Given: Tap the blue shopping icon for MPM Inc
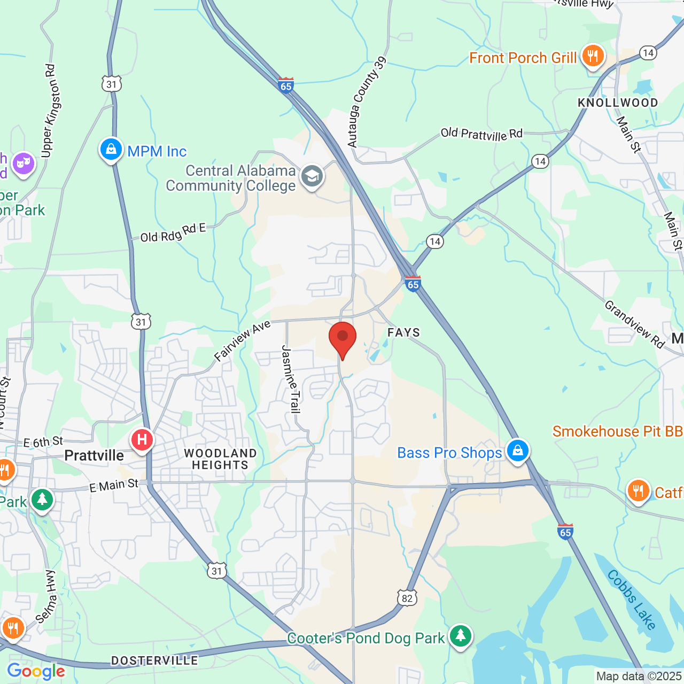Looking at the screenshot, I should (111, 150).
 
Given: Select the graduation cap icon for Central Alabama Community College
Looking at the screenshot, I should (312, 176).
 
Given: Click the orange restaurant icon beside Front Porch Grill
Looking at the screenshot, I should (592, 55).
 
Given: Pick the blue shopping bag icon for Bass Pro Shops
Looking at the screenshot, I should (517, 451).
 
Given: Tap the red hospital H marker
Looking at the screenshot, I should (142, 440).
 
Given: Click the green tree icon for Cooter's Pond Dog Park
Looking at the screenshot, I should (460, 636).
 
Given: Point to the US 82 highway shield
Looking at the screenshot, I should (407, 598).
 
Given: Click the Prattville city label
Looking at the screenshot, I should (94, 456).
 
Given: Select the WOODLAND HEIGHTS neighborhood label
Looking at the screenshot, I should (220, 459).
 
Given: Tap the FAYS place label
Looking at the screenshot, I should (404, 332).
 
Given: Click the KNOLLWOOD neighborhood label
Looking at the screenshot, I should (618, 103).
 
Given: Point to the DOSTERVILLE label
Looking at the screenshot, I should (154, 661).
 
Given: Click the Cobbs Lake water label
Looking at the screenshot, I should (632, 599).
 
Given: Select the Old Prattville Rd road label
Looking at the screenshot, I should (481, 134).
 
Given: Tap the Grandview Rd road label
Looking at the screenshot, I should (634, 324).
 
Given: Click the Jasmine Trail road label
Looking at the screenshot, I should (291, 379).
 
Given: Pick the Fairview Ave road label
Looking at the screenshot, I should (242, 341).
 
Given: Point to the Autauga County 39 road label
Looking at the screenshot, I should (367, 102).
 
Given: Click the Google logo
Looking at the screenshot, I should (36, 671).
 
